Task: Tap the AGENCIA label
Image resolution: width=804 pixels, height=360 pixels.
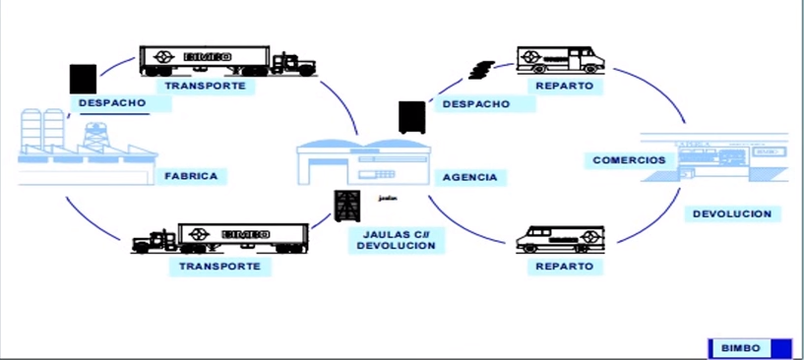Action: coord(468,178)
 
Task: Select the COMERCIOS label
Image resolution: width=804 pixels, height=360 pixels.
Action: coord(628,160)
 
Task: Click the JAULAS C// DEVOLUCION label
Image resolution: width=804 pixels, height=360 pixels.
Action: coord(395,239)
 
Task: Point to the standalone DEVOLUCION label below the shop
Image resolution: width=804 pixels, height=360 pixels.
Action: coord(731,213)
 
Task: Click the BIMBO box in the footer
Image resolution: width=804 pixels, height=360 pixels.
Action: coord(739,347)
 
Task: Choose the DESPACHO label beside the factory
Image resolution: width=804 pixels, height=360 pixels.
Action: coord(112,102)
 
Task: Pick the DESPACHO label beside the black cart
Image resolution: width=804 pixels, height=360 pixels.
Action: coord(475,103)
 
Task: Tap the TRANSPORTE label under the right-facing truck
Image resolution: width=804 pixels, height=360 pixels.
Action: coord(206,86)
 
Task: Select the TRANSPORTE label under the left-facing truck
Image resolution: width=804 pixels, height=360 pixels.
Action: coord(219,266)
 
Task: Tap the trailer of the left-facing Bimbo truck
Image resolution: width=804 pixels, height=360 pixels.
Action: coord(244,237)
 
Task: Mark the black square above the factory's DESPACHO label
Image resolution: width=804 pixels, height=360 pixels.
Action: coord(84,79)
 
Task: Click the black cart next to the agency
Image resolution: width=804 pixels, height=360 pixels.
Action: coord(411,117)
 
